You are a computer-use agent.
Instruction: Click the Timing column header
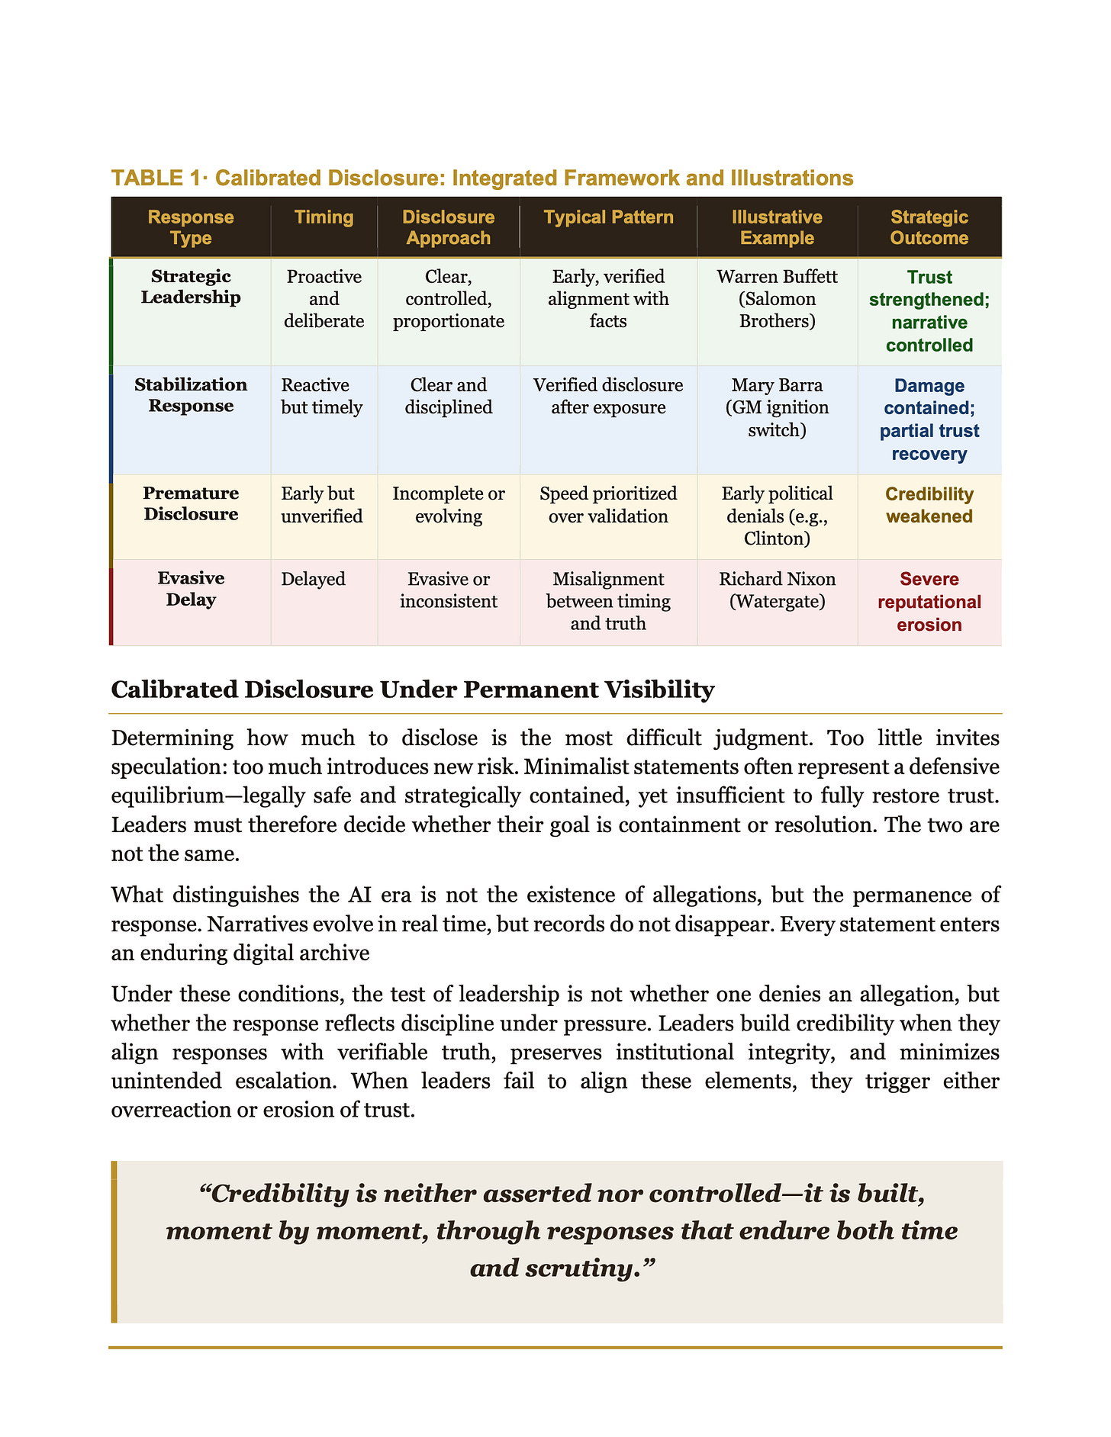324,217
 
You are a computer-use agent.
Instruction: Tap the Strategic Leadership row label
191,287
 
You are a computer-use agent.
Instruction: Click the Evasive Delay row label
191,589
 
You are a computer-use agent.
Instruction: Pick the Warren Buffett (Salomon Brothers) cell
777,298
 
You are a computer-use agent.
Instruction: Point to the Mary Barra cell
777,407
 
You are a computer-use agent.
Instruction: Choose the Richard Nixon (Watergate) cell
777,590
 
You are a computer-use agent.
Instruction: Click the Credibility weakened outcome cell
929,505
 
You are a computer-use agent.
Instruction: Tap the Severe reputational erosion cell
929,602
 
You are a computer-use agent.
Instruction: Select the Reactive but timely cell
322,396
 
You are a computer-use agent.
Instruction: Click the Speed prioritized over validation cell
608,505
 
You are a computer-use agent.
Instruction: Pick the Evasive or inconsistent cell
448,590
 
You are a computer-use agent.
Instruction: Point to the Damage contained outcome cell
929,420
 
